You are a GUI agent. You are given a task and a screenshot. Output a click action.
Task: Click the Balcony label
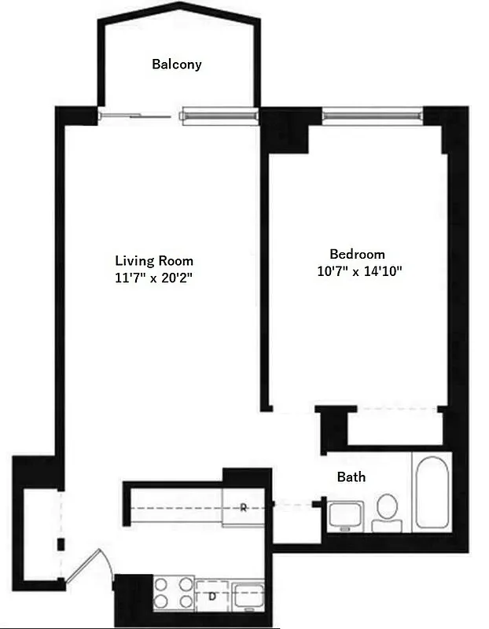176,64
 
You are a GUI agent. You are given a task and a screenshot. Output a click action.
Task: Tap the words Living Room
154,261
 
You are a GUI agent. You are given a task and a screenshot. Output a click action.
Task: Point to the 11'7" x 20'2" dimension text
154,278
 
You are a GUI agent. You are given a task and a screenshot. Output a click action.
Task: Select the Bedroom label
357,254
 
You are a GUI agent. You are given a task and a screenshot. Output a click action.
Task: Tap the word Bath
351,476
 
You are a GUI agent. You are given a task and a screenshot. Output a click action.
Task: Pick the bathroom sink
344,516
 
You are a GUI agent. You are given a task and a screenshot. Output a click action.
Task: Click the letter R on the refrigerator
244,507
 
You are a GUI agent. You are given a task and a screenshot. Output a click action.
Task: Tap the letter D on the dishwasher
212,595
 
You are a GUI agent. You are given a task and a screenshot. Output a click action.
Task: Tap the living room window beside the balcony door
220,116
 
